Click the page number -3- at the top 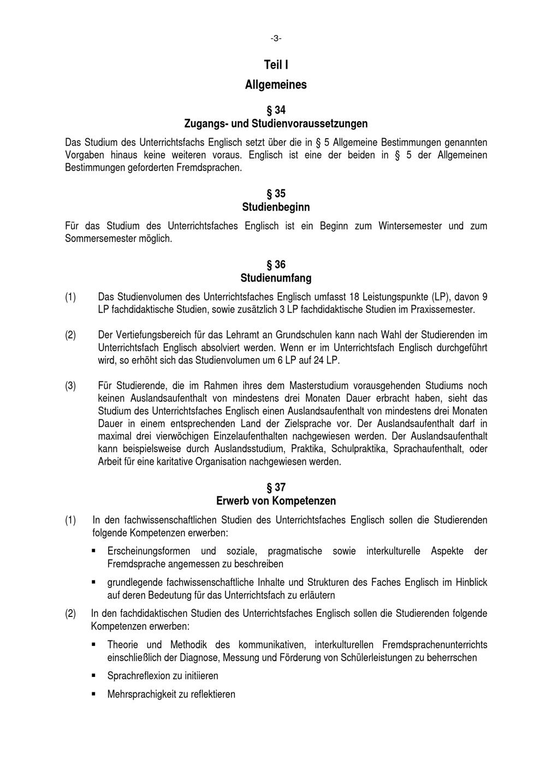pyautogui.click(x=276, y=38)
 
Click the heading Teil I pyautogui.click(x=276, y=65)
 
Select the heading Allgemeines pyautogui.click(x=276, y=85)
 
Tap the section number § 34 pyautogui.click(x=276, y=110)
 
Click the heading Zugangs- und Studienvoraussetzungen pyautogui.click(x=276, y=123)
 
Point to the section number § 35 pyautogui.click(x=276, y=194)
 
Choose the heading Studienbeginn pyautogui.click(x=276, y=207)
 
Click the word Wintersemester pyautogui.click(x=410, y=226)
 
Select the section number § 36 pyautogui.click(x=276, y=265)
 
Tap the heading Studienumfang pyautogui.click(x=276, y=278)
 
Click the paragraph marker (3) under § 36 pyautogui.click(x=70, y=386)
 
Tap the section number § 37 pyautogui.click(x=276, y=487)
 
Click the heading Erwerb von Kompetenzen pyautogui.click(x=276, y=501)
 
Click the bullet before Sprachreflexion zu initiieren pyautogui.click(x=94, y=676)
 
